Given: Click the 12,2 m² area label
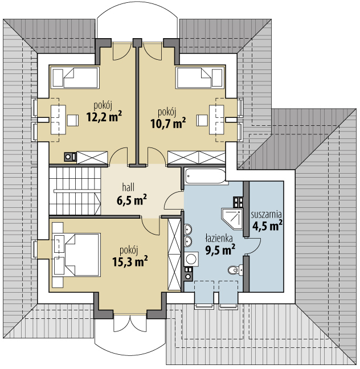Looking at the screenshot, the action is pyautogui.click(x=104, y=117).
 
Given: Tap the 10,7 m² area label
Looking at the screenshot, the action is pyautogui.click(x=168, y=123).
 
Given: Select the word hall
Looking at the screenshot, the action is pyautogui.click(x=128, y=187).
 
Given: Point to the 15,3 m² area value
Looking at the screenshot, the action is pyautogui.click(x=130, y=261).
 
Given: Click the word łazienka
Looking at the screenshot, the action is pyautogui.click(x=219, y=239).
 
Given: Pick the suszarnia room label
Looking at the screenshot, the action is pyautogui.click(x=266, y=215).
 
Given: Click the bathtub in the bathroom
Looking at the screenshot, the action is pyautogui.click(x=205, y=176).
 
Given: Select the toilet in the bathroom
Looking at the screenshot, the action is pyautogui.click(x=235, y=269).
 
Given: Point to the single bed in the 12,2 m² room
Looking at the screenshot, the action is pyautogui.click(x=75, y=78).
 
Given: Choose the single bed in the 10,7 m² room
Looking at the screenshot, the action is pyautogui.click(x=200, y=78).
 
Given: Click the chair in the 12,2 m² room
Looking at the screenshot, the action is pyautogui.click(x=73, y=121).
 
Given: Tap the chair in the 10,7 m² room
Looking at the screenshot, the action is pyautogui.click(x=202, y=121).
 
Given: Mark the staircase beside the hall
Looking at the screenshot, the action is pyautogui.click(x=75, y=191).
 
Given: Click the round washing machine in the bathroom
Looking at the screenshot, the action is pyautogui.click(x=191, y=259).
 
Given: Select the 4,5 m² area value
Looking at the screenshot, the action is pyautogui.click(x=267, y=225).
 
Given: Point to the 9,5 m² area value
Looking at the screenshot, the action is pyautogui.click(x=220, y=250).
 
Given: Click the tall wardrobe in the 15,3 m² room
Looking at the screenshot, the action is pyautogui.click(x=174, y=255).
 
